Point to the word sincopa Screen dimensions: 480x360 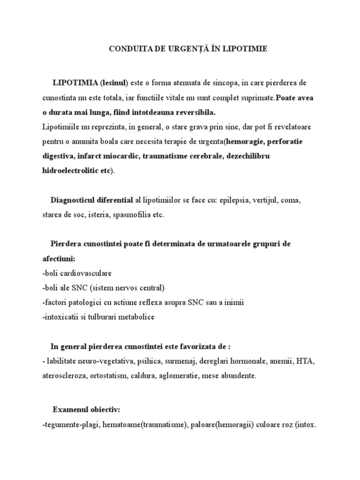click(x=226, y=83)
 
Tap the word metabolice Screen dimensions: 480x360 click(x=131, y=317)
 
